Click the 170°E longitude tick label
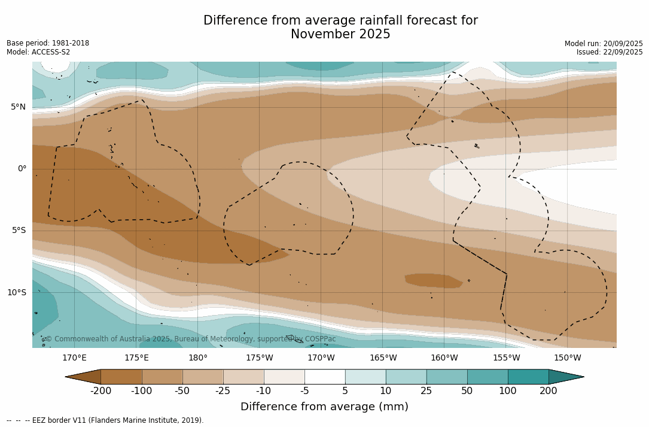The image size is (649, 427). pos(74,358)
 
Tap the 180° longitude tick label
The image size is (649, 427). pos(197,358)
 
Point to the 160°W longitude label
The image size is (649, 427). pos(444,358)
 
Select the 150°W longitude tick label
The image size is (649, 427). pos(567,358)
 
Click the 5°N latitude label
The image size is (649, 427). pos(18,107)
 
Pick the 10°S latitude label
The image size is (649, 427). pos(16,293)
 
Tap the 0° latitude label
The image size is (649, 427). pos(22,169)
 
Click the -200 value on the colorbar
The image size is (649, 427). pos(101,391)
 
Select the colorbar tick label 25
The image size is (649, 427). pos(426,391)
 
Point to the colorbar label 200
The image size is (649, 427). pos(549,391)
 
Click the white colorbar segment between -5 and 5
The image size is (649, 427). pos(325,377)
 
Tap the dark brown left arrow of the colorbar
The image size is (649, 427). pos(84,377)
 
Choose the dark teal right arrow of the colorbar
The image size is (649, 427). pos(565,377)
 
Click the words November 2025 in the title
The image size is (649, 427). pos(340,35)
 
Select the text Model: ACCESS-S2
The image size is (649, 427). pos(38,52)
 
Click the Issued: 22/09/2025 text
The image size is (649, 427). pos(610,52)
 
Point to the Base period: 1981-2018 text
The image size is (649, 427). pos(48,43)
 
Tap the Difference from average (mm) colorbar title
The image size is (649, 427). pos(324,407)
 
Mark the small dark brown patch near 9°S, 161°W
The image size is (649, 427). pos(432,280)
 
